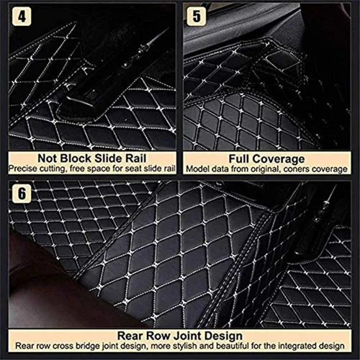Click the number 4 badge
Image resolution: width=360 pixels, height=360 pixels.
[22, 17]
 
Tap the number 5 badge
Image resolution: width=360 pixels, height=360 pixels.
[197, 17]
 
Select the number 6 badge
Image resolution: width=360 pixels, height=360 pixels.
[22, 194]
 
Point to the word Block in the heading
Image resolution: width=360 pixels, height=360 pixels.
[76, 158]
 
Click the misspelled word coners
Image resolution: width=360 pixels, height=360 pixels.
[294, 169]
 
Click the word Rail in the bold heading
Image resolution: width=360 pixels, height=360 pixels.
[138, 158]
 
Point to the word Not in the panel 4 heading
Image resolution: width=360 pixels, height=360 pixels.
[48, 158]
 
